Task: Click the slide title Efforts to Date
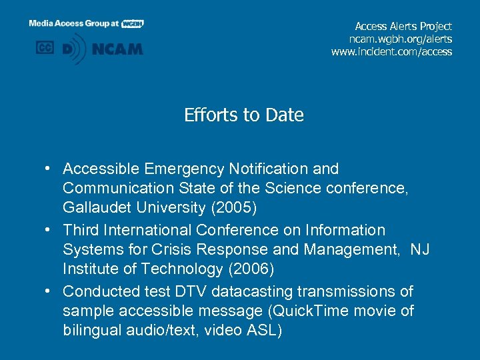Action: tap(244, 115)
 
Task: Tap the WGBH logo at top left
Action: tap(133, 23)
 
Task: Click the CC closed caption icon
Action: tap(45, 48)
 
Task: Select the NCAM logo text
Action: tap(119, 49)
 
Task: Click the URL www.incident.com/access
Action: tap(391, 52)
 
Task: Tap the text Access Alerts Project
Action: tap(403, 27)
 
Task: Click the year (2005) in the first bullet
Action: tap(233, 208)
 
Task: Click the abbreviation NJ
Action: tap(420, 250)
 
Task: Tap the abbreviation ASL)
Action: tap(260, 331)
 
